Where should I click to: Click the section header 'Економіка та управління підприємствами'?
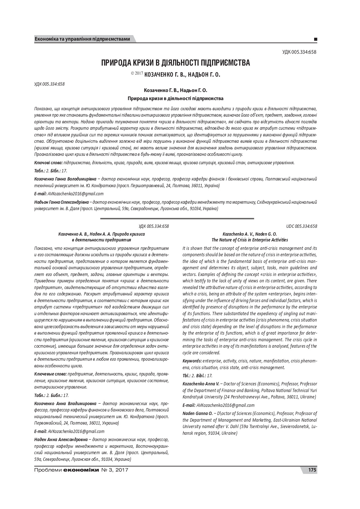tap(82, 39)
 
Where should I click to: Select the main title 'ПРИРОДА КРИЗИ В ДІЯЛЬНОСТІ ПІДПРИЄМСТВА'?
tap(175, 63)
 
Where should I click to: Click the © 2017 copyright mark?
tap(137, 74)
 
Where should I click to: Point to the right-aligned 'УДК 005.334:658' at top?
tap(299, 52)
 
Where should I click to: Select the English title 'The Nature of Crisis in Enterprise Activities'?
tap(250, 240)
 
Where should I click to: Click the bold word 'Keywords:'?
tap(192, 361)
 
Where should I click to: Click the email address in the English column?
tap(225, 405)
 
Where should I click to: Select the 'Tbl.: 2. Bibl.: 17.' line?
tap(197, 376)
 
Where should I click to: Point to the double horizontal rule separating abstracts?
tap(177, 219)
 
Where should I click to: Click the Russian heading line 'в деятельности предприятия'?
tap(101, 240)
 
